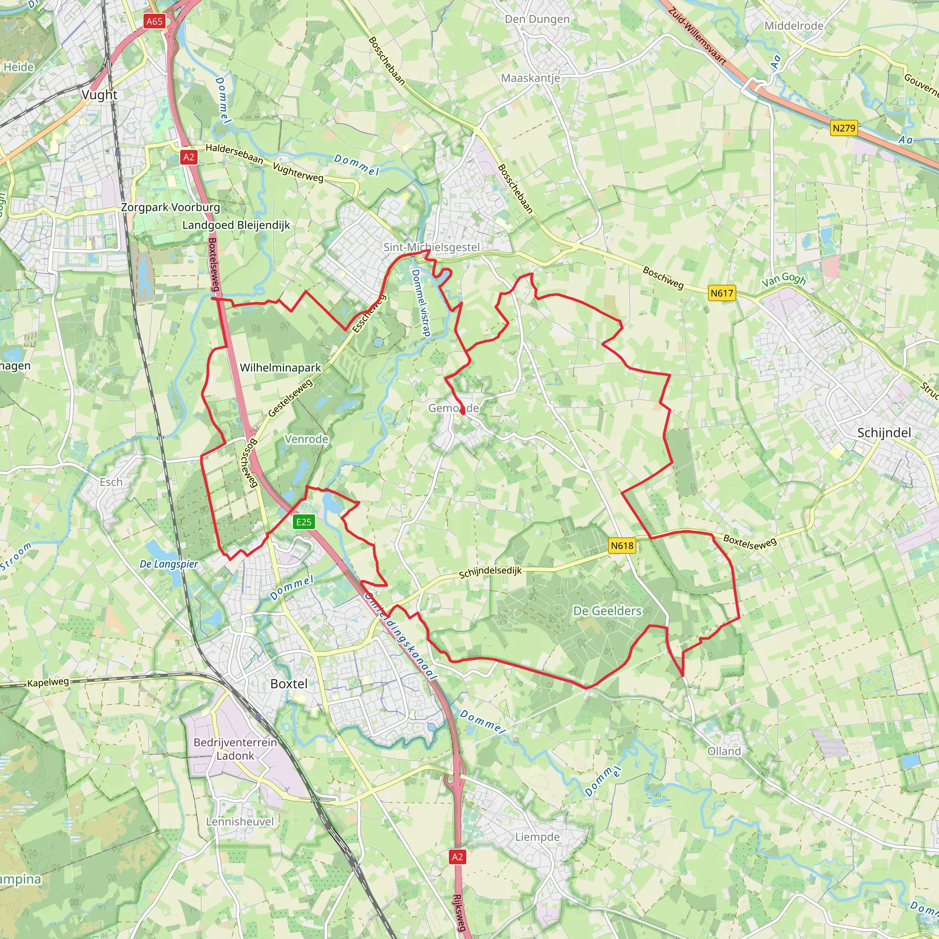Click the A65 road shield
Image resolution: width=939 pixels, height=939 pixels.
pyautogui.click(x=154, y=22)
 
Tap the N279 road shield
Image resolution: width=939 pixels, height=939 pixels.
pyautogui.click(x=844, y=128)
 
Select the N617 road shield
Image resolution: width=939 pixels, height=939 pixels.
pyautogui.click(x=722, y=293)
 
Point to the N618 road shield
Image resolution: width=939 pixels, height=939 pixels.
pyautogui.click(x=622, y=545)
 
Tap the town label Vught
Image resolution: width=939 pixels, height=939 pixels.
pyautogui.click(x=99, y=95)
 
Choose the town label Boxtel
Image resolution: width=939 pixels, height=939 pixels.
pyautogui.click(x=289, y=684)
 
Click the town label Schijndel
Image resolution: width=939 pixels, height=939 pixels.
pyautogui.click(x=884, y=433)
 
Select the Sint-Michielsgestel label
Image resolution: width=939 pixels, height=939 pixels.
pyautogui.click(x=431, y=248)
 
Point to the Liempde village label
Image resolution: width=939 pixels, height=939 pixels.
pyautogui.click(x=537, y=837)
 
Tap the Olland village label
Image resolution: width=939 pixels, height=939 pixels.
pyautogui.click(x=724, y=751)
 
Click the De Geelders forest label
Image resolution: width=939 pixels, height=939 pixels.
pyautogui.click(x=608, y=611)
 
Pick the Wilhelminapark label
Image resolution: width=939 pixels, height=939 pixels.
pyautogui.click(x=281, y=367)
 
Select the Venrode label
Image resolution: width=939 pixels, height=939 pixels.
pyautogui.click(x=306, y=439)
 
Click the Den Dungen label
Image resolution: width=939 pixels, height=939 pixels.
pyautogui.click(x=537, y=19)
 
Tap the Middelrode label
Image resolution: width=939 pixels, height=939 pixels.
pyautogui.click(x=794, y=26)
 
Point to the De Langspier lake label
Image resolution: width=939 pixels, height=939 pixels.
pyautogui.click(x=169, y=564)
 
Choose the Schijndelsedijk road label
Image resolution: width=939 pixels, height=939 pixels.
pyautogui.click(x=490, y=572)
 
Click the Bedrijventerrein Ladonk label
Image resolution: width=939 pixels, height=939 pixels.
pyautogui.click(x=235, y=749)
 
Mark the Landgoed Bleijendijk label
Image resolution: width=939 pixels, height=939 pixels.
pyautogui.click(x=236, y=225)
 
